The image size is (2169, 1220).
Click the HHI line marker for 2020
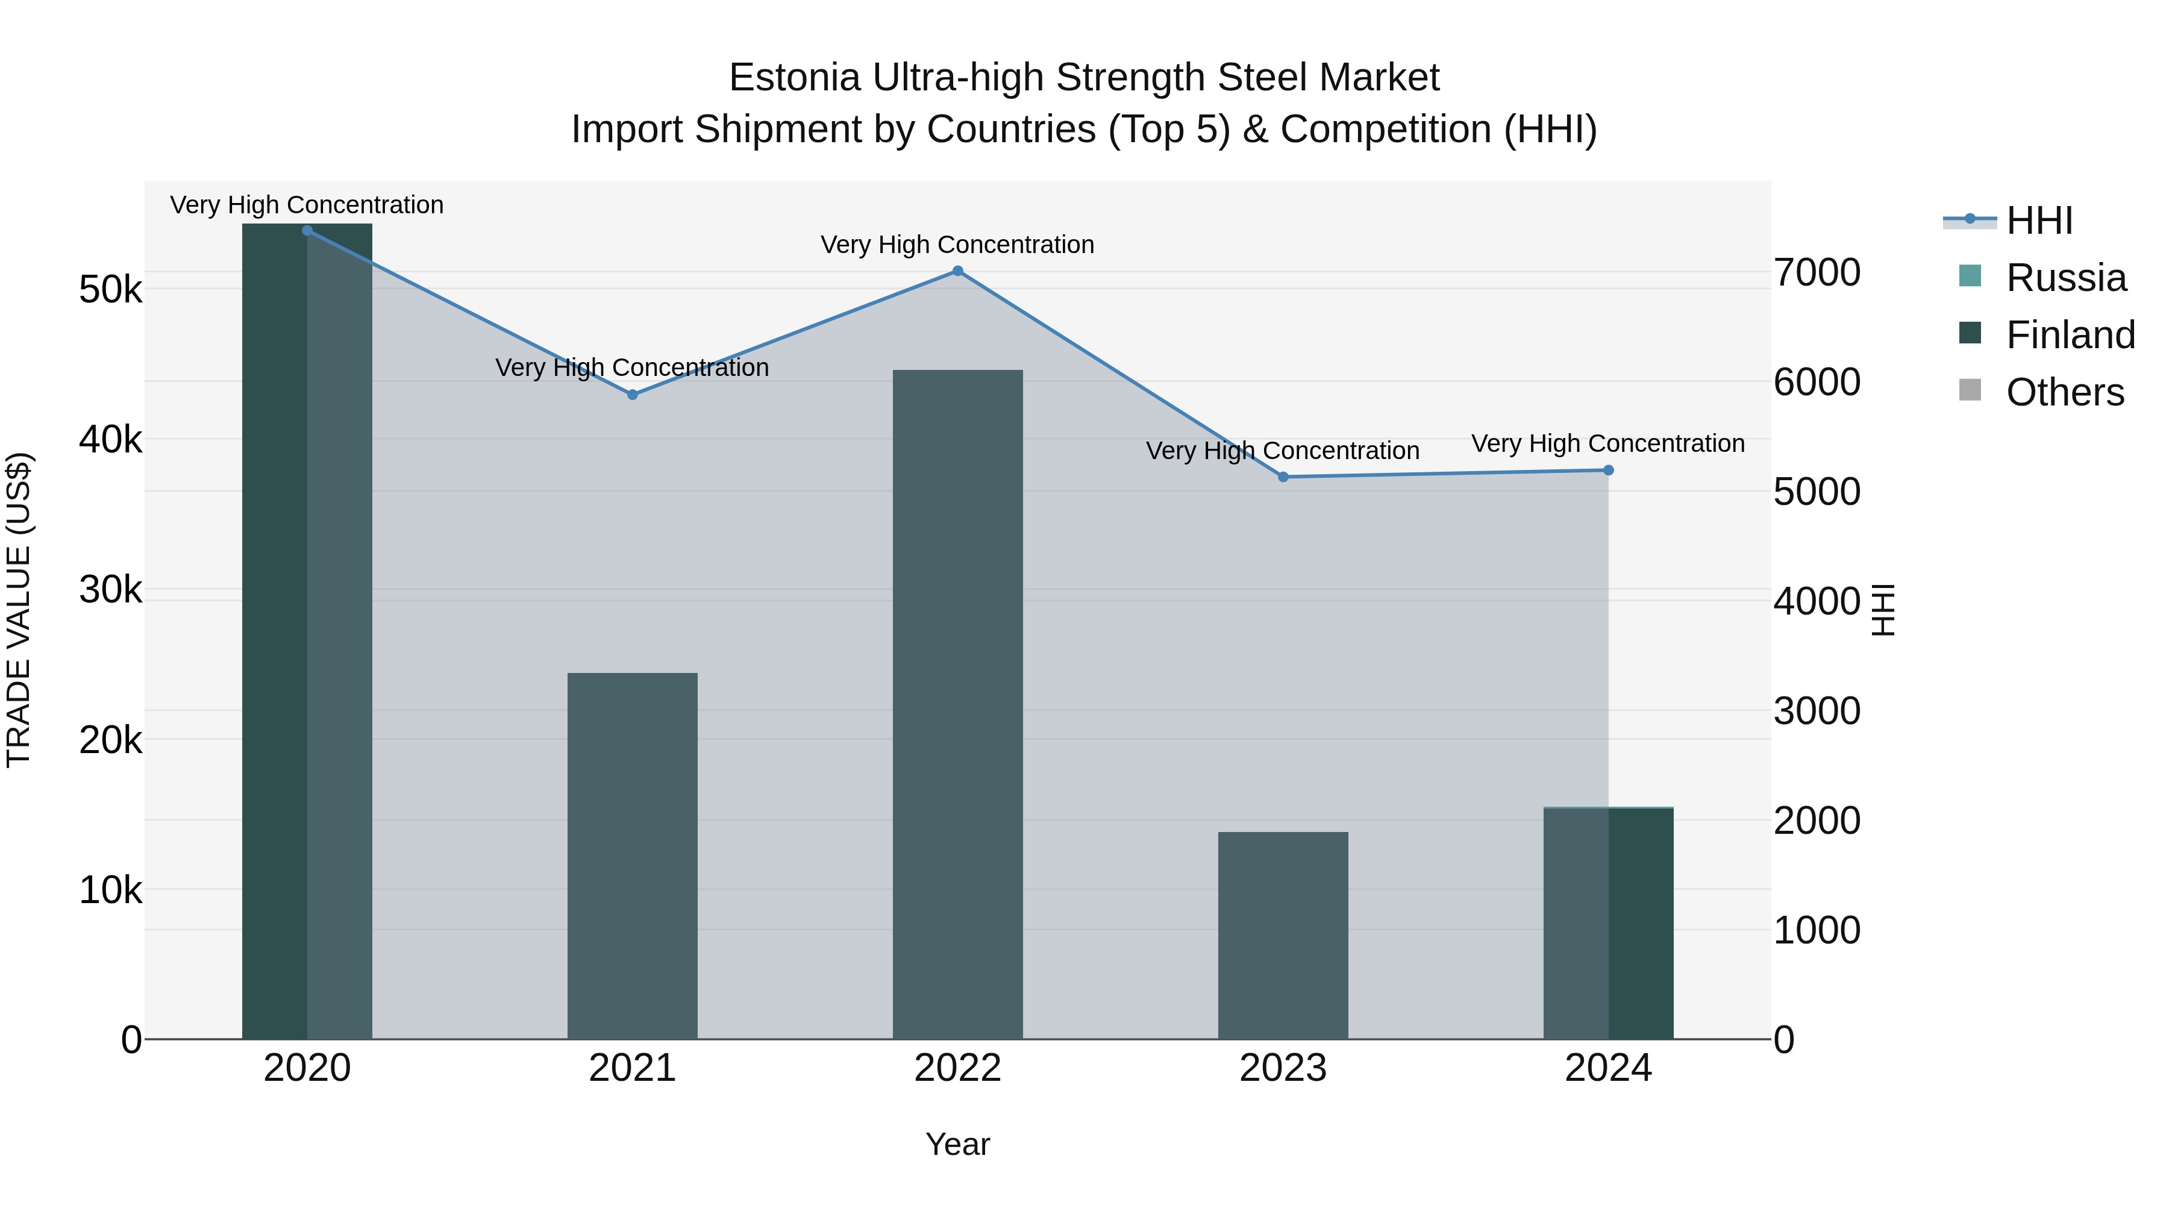click(x=307, y=231)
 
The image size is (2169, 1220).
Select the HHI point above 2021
click(x=633, y=395)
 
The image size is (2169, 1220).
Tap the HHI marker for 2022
click(x=957, y=271)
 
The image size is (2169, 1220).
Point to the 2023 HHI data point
click(x=1283, y=477)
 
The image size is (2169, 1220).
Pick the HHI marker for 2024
click(x=1608, y=471)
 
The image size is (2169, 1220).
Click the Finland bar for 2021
click(x=633, y=854)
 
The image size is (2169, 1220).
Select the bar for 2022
click(x=957, y=703)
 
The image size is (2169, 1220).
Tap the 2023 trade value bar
click(x=1283, y=934)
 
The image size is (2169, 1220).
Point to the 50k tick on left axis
click(x=110, y=290)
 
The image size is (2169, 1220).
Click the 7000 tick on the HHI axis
click(x=1817, y=273)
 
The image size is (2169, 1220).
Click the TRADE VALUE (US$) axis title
click(x=19, y=610)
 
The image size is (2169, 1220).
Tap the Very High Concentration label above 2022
click(x=957, y=245)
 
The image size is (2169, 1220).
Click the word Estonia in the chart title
click(x=794, y=78)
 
